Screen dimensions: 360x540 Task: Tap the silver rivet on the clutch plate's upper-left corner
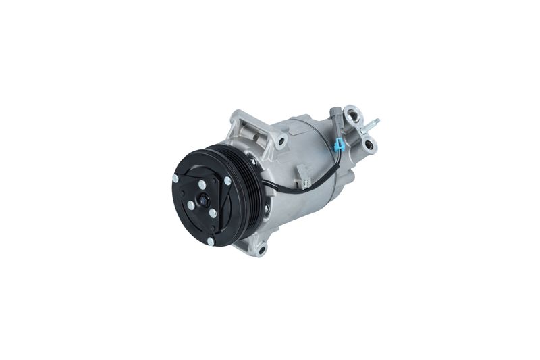click(175, 178)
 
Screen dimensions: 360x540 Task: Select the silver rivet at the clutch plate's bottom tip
click(211, 240)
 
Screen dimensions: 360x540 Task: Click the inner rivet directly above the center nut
click(202, 184)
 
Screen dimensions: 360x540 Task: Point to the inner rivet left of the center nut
click(191, 205)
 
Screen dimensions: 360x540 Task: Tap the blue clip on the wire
click(340, 145)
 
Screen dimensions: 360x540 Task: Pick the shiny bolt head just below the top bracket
click(254, 162)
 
